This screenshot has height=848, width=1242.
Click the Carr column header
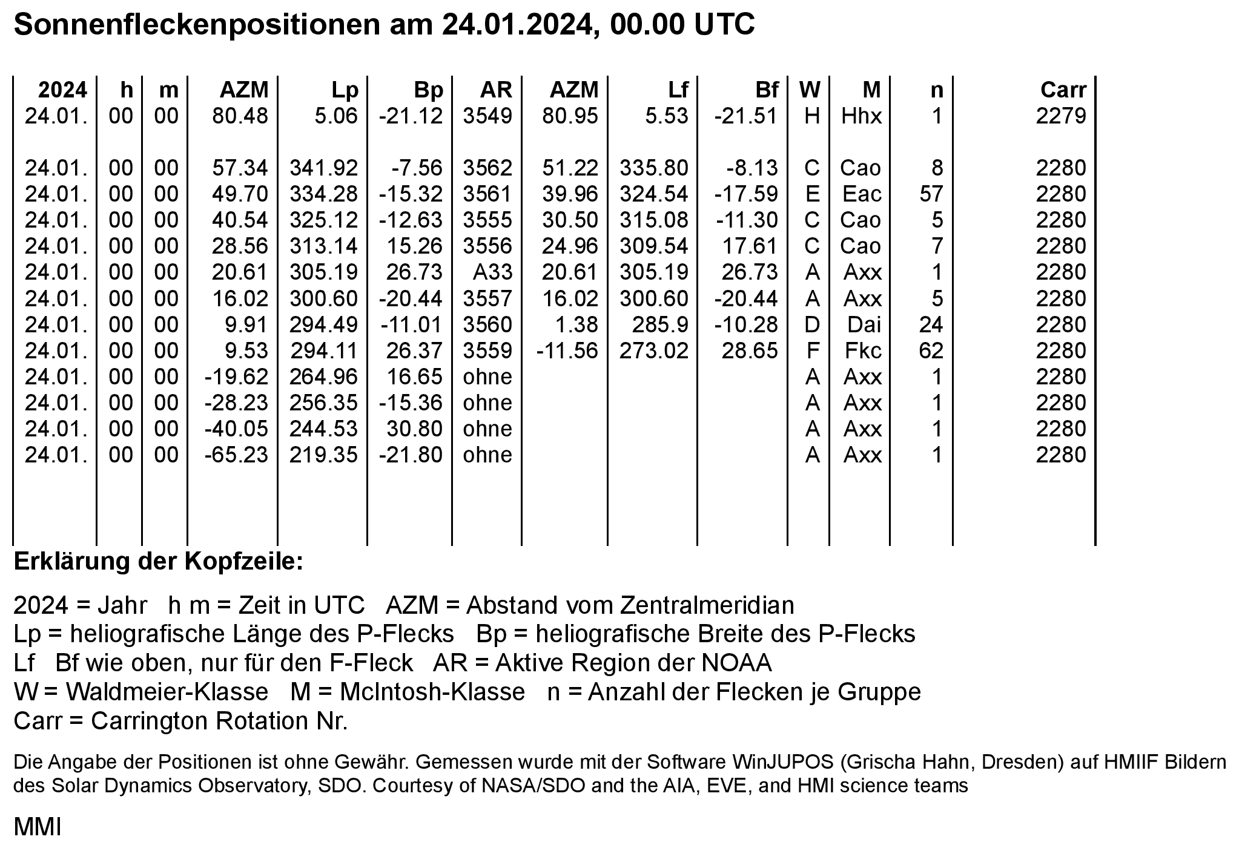click(1063, 90)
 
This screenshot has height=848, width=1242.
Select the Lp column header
click(345, 90)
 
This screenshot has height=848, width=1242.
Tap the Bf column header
click(766, 90)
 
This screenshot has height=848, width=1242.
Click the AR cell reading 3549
click(487, 116)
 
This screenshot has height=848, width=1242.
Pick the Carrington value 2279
click(1061, 116)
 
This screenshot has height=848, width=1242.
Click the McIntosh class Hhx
click(862, 116)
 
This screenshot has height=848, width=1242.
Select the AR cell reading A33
click(492, 272)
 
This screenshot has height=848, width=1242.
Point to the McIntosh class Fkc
click(863, 351)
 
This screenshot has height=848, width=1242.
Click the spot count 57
click(931, 194)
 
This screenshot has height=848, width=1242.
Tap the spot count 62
click(931, 351)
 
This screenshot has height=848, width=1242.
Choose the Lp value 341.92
click(323, 168)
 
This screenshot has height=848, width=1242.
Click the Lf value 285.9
click(660, 325)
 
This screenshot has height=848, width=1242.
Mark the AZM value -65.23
click(236, 455)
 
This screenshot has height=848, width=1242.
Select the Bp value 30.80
click(415, 429)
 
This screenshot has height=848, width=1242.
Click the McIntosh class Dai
click(864, 325)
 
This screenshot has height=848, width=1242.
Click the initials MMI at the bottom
click(38, 827)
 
